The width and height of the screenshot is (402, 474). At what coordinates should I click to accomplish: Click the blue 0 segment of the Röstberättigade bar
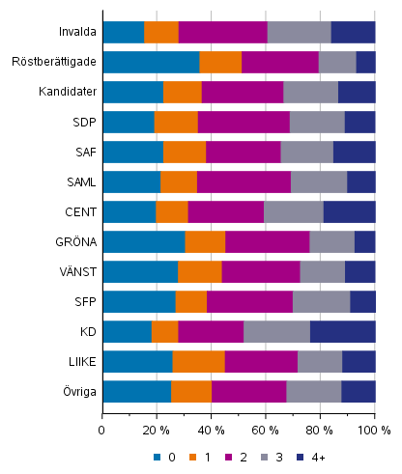coord(151,62)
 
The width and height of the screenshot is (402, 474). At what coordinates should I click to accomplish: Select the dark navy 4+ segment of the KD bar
coord(342,331)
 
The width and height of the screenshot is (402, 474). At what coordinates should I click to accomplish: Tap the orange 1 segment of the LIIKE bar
coord(198,361)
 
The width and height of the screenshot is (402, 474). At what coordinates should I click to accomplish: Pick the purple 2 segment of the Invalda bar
coord(222,32)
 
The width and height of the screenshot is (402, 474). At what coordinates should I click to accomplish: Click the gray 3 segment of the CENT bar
coord(293,211)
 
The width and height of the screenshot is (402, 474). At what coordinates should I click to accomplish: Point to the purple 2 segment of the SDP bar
coord(244,122)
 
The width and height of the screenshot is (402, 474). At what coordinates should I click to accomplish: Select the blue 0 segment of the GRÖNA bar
coord(143,241)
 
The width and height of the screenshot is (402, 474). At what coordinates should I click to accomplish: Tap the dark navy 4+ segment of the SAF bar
coord(354,152)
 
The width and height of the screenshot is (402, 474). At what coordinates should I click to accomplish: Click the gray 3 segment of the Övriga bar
coord(313,391)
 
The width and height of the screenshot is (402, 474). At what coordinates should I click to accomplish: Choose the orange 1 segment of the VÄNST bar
coord(199,271)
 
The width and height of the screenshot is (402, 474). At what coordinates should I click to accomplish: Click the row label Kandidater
coord(69,92)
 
